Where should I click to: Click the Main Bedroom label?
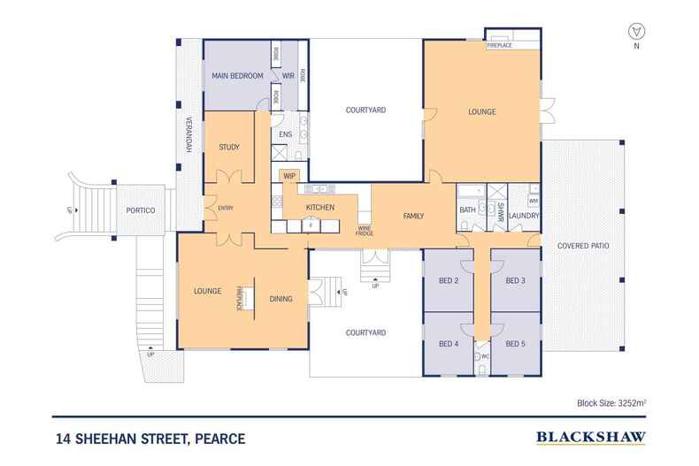pos(238,77)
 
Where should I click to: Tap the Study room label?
pos(228,147)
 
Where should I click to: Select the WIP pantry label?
pos(289,176)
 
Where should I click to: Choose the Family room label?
pos(413,216)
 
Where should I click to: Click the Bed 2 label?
pos(449,281)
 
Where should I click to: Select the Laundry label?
pos(525,215)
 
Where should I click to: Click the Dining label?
pos(281,298)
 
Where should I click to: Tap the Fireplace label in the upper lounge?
pos(502,44)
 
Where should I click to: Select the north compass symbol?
pos(634,32)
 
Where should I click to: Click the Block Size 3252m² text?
pos(611,402)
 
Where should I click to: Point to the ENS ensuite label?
pos(285,134)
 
